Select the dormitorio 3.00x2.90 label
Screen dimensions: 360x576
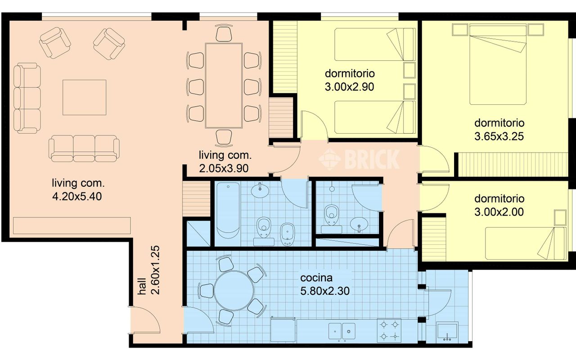[350, 80]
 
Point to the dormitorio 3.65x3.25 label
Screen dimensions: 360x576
[499, 130]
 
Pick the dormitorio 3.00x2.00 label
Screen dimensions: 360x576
[499, 205]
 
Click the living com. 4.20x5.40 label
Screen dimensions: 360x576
[78, 189]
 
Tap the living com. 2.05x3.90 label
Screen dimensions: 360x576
[225, 162]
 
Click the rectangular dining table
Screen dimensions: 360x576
[224, 85]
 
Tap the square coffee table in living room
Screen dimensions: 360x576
[84, 97]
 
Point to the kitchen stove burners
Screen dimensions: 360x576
[389, 330]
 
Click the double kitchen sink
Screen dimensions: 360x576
[342, 331]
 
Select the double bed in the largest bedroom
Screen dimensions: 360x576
[498, 65]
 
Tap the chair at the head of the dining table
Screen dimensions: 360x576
[224, 34]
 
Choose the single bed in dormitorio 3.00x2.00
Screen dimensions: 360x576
[526, 243]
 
